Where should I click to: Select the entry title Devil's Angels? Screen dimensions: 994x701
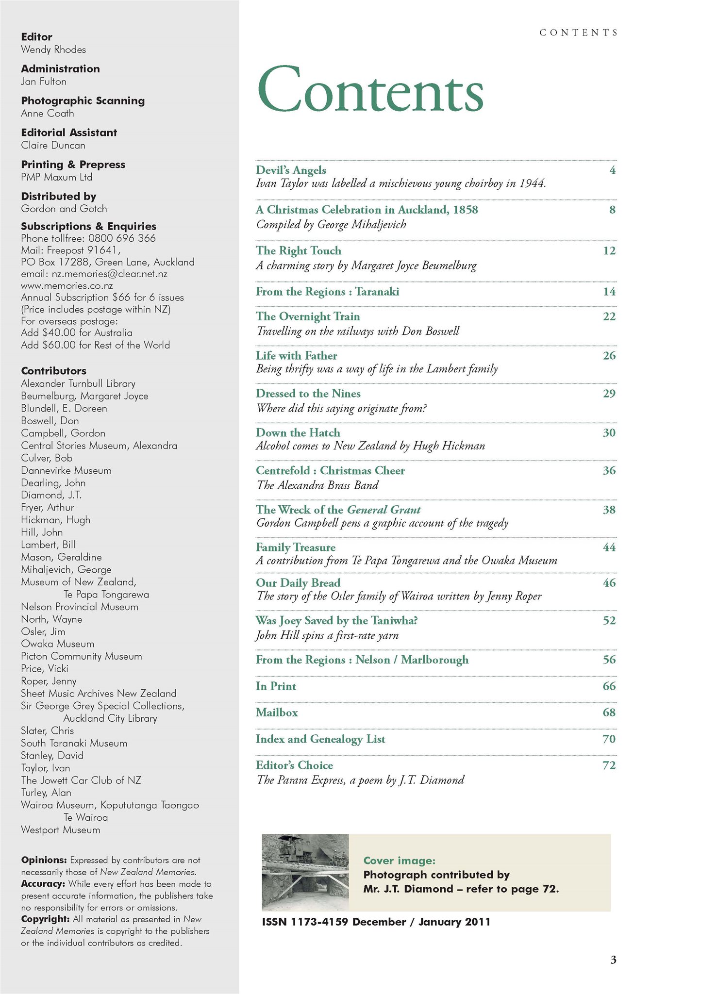tap(291, 170)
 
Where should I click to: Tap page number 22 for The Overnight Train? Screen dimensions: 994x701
tap(609, 316)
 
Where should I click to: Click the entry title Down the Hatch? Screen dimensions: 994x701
tap(298, 432)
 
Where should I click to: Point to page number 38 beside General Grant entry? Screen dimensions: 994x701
tap(609, 510)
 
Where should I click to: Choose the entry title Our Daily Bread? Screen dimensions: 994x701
tap(298, 583)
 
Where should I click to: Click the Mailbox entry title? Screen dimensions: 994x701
tap(277, 712)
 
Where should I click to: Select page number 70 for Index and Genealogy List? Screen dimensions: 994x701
tap(609, 739)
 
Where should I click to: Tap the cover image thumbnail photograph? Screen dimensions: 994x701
tap(305, 872)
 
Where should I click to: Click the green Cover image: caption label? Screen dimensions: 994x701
tap(399, 861)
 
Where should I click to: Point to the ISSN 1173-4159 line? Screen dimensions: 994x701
tap(376, 922)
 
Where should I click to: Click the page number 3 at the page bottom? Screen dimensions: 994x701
tap(613, 960)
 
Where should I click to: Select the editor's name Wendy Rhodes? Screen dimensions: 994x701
tap(53, 50)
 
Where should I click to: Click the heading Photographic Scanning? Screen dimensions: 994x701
tap(83, 100)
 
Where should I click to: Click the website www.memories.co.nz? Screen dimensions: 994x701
tap(67, 285)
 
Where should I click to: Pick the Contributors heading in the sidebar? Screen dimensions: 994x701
tap(53, 371)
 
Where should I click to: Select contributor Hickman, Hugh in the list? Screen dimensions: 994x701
tap(55, 520)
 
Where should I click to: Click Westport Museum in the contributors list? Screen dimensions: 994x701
tap(60, 830)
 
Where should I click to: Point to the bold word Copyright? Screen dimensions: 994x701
tap(45, 919)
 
